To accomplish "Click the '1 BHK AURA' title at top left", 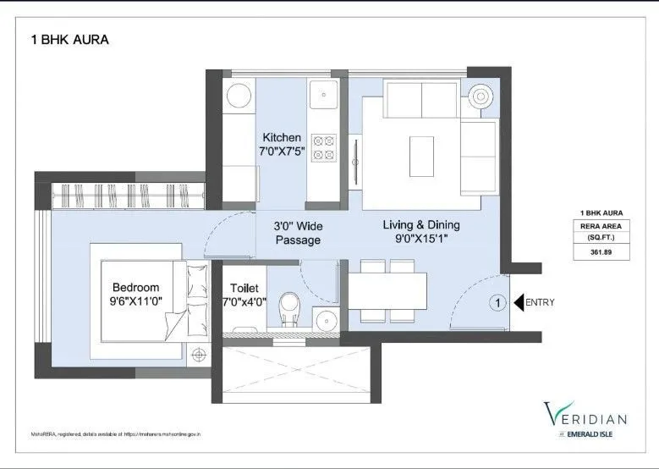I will pyautogui.click(x=69, y=39).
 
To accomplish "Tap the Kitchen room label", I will pyautogui.click(x=282, y=137).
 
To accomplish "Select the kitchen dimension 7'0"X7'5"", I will pyautogui.click(x=282, y=152).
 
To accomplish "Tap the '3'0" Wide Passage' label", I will pyautogui.click(x=297, y=234).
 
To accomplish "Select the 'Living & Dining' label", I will pyautogui.click(x=421, y=224).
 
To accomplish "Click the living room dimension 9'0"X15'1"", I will pyautogui.click(x=421, y=240).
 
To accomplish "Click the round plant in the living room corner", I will pyautogui.click(x=483, y=96).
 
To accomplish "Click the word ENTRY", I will pyautogui.click(x=541, y=302).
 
